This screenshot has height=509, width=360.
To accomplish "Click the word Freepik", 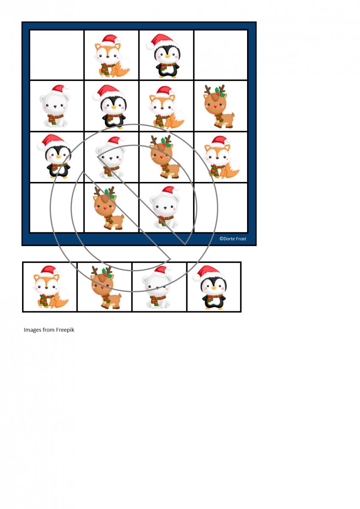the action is tap(65, 330).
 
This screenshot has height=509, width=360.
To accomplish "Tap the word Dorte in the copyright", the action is tap(229, 238).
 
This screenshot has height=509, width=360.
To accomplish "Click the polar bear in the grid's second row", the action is tap(55, 106).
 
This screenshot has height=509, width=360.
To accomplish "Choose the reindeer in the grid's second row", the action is tap(219, 106).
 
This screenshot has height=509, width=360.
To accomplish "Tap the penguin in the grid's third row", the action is tap(54, 156).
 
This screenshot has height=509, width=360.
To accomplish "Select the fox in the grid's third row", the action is tap(222, 157).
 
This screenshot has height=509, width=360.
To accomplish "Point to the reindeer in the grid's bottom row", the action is tap(109, 208).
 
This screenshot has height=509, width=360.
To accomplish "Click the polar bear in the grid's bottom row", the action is tap(165, 207).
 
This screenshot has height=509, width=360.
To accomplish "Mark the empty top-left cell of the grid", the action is tap(57, 55).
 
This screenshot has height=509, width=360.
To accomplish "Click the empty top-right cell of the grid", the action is tap(221, 55).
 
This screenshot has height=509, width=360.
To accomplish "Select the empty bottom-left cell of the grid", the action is tap(57, 208).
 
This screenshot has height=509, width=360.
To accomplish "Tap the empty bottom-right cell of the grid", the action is tap(221, 208).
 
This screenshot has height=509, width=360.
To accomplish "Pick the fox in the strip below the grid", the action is tap(51, 287).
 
